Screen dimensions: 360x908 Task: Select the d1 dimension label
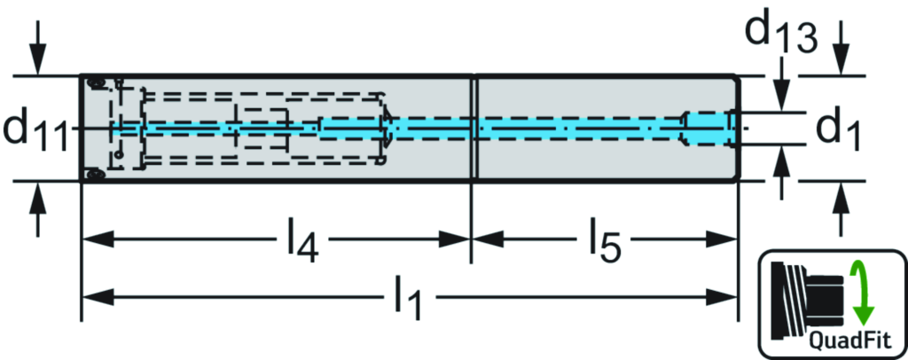coord(838,129)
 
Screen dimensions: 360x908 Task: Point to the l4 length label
coord(301,242)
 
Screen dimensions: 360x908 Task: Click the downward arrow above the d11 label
coord(36,58)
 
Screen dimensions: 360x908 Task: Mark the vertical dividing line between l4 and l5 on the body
coord(474,129)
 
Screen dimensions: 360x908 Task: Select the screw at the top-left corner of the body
coord(96,83)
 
